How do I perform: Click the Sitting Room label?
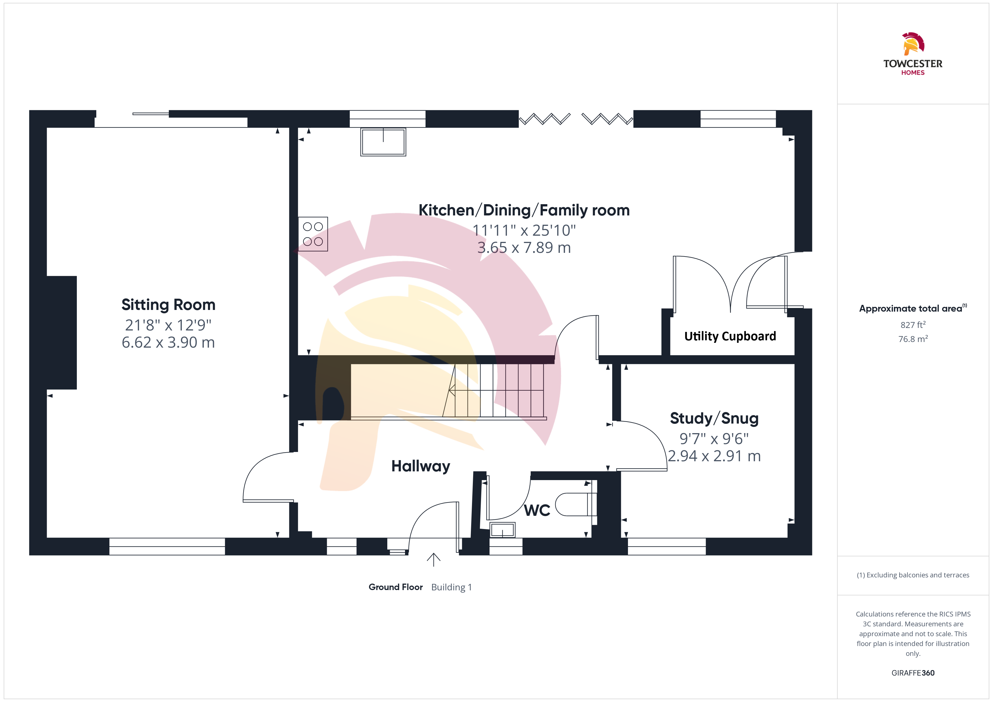tap(168, 305)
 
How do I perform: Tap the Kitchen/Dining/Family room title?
tap(524, 210)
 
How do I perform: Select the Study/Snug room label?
tap(714, 418)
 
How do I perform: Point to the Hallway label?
tap(421, 466)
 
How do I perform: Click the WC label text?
tap(537, 510)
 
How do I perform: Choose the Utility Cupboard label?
tap(730, 336)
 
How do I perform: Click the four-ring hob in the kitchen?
tap(313, 234)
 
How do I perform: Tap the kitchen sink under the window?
tap(383, 142)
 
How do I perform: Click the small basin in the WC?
tap(502, 530)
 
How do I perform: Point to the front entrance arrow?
tap(433, 559)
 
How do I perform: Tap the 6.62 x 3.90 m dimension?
tap(168, 342)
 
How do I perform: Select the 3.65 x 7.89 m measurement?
tap(524, 248)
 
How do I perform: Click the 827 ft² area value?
tap(913, 325)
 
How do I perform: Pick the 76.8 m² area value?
tap(913, 339)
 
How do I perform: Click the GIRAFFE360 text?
tap(913, 673)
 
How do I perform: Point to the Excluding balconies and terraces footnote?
tap(913, 575)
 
